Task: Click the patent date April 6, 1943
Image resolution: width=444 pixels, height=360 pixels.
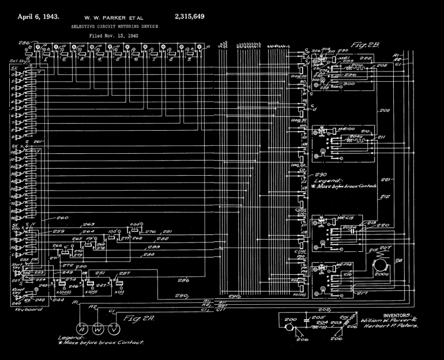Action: click(x=39, y=16)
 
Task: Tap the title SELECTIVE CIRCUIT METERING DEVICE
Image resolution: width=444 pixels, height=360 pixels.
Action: click(x=114, y=26)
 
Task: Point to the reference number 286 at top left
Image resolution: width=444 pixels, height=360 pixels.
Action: click(x=24, y=43)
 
